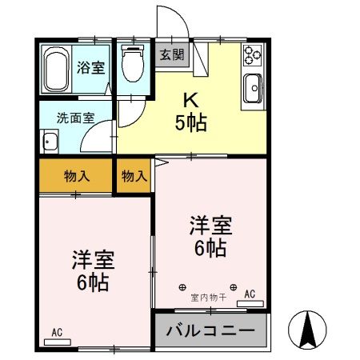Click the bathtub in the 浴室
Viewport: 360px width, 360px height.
[57, 69]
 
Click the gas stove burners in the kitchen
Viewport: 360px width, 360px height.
[253, 55]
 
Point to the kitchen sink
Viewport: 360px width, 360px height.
[254, 88]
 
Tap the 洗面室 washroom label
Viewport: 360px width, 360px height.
[74, 117]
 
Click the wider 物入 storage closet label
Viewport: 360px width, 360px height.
[77, 176]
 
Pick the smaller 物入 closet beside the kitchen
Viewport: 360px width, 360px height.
[134, 176]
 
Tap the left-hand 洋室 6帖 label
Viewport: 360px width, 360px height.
[92, 270]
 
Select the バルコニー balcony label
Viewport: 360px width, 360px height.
[210, 330]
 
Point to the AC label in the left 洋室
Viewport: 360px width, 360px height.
[57, 331]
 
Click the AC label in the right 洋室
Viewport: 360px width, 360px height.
[249, 294]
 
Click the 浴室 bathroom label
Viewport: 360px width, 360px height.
[90, 68]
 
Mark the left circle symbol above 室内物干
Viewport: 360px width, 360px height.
[183, 286]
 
